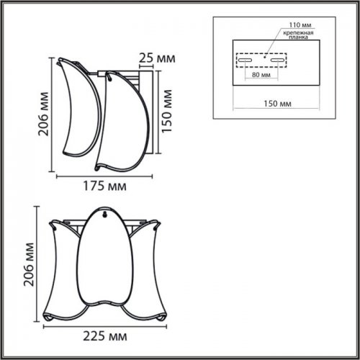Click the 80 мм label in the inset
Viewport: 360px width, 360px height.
click(x=261, y=74)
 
